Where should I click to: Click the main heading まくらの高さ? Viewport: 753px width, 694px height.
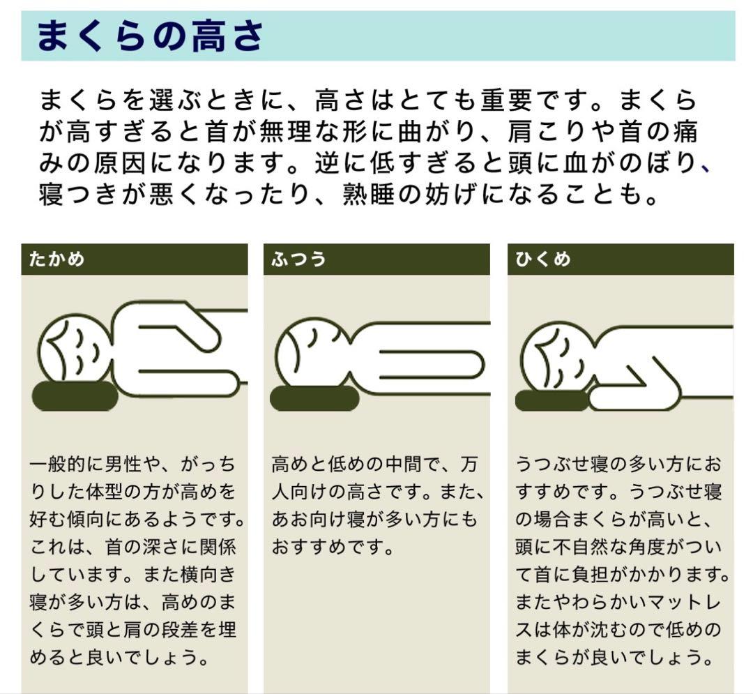[x=149, y=36]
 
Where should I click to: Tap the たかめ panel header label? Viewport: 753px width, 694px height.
[x=56, y=259]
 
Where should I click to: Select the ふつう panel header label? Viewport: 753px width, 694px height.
[x=298, y=259]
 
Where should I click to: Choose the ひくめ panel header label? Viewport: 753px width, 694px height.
[x=543, y=259]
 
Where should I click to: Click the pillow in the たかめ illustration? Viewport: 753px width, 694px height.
[x=75, y=397]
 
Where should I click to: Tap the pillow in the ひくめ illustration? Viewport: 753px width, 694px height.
[x=552, y=400]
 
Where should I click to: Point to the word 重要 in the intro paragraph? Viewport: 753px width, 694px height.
[x=507, y=100]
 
